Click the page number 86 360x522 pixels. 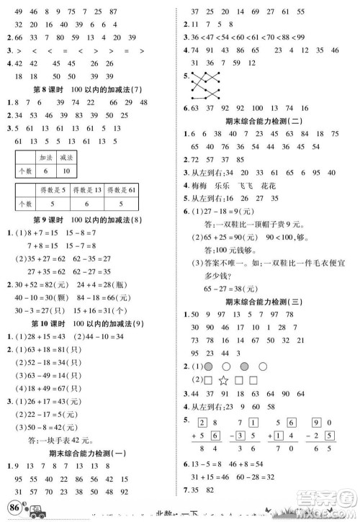[13, 510]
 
